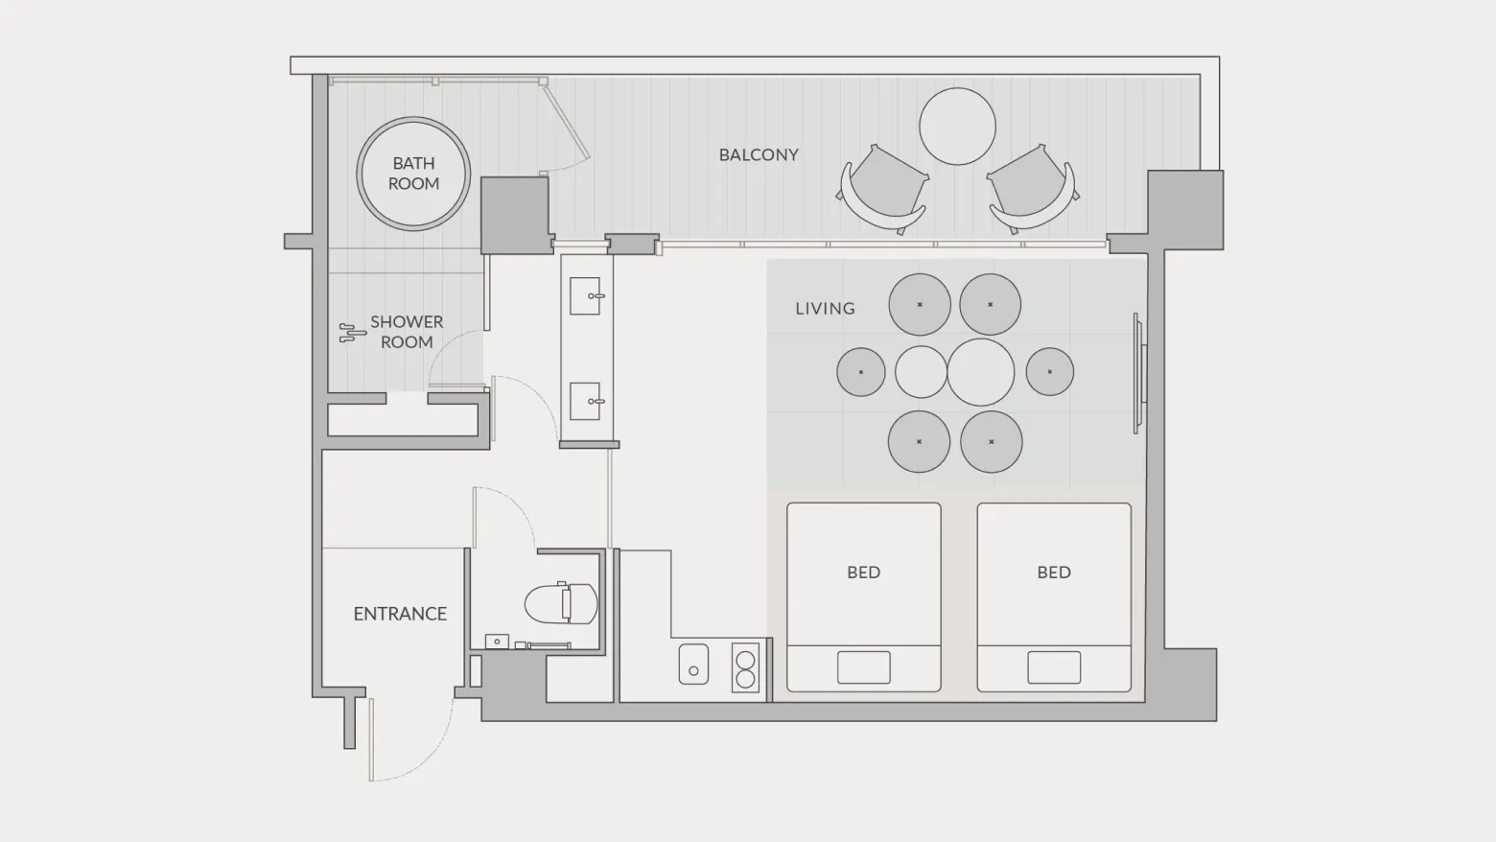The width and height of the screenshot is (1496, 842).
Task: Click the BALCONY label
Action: tap(759, 155)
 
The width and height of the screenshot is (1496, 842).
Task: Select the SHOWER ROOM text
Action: tap(407, 332)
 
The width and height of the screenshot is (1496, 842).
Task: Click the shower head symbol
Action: tap(352, 333)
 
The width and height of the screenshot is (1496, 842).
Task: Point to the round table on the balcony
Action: tap(957, 127)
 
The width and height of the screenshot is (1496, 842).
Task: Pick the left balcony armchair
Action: tap(882, 188)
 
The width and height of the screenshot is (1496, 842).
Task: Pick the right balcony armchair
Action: tap(1033, 188)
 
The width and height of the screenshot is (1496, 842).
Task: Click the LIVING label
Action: tap(825, 309)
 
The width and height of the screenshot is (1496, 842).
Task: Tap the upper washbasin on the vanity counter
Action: tap(586, 295)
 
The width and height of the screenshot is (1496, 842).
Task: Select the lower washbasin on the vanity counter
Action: tap(586, 401)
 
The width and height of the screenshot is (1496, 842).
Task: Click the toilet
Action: tap(561, 603)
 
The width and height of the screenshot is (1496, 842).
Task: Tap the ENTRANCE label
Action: tap(400, 614)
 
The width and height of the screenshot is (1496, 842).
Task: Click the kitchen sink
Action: tap(694, 664)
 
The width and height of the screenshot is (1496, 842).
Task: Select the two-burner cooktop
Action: tap(745, 667)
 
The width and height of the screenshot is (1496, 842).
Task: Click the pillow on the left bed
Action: tap(863, 667)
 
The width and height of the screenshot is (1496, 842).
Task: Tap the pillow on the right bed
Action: tap(1054, 667)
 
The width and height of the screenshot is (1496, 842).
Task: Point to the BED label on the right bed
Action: tap(1054, 573)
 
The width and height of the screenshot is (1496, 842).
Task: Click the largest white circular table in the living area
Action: tap(980, 372)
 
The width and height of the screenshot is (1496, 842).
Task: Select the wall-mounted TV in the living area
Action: tap(1139, 373)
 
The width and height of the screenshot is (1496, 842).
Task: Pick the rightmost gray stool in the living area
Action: tap(1050, 372)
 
